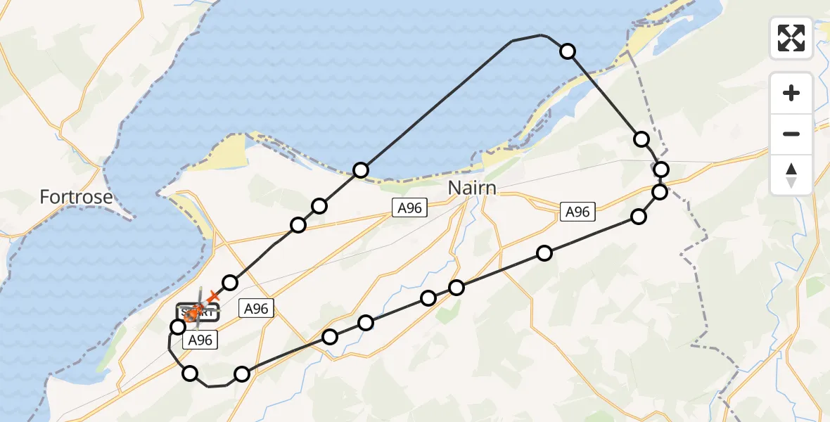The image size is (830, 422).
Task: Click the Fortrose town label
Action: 76,197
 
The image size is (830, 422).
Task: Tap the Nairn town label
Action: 472,188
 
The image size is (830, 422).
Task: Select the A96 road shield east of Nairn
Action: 577,211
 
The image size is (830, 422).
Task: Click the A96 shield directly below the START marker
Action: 198,340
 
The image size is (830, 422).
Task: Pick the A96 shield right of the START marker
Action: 255,307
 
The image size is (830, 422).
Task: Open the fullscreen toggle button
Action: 791,38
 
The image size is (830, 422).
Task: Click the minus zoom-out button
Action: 791,134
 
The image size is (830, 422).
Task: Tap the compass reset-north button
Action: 791,175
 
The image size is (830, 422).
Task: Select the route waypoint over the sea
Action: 568,51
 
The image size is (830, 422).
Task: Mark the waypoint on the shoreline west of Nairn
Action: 361,170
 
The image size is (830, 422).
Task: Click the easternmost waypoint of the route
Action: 661,169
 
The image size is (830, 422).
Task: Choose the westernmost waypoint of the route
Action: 178,326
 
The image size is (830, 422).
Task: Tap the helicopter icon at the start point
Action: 196,309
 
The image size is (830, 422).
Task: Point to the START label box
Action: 198,312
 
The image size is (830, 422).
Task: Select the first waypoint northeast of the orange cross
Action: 230,283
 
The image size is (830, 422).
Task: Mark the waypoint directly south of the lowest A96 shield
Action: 190,373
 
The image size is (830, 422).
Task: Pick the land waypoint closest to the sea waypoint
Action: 641,139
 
